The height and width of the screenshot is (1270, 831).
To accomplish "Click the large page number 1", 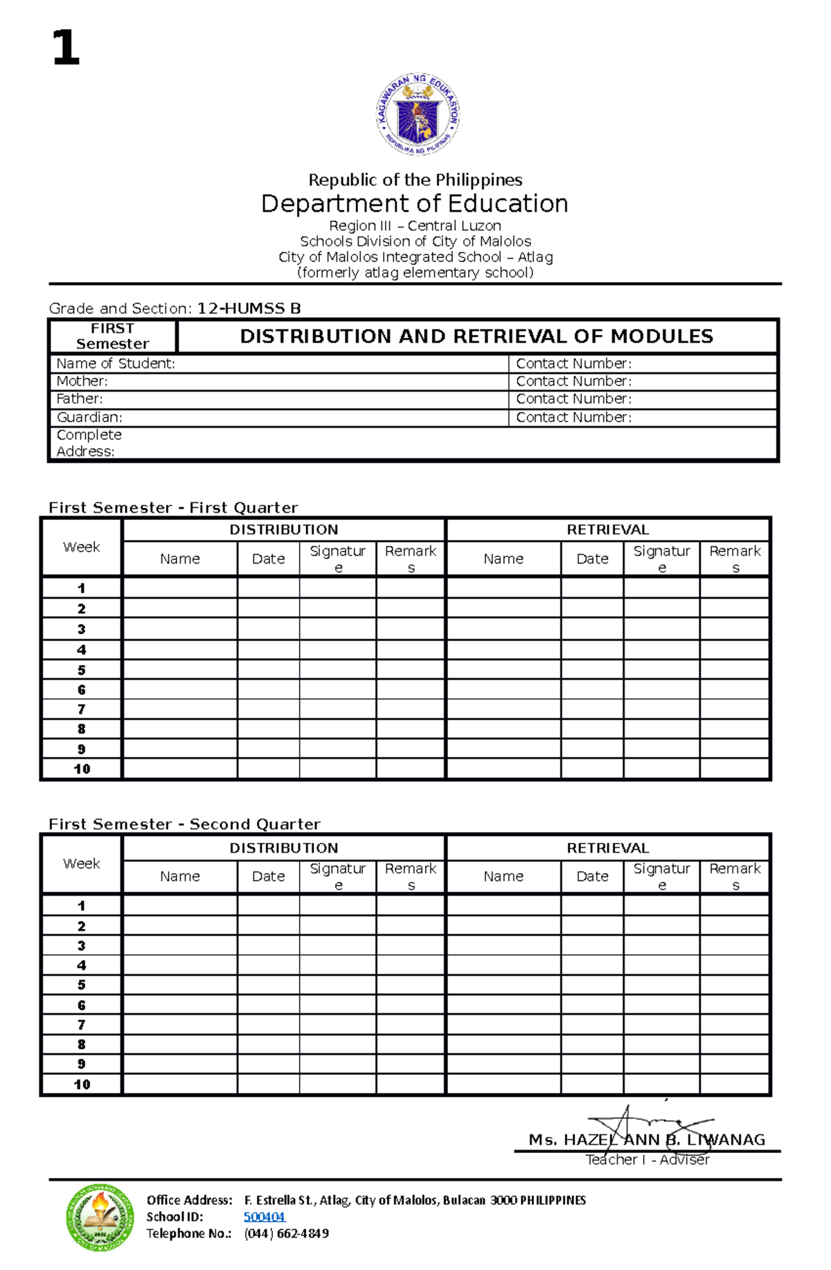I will pos(66,48).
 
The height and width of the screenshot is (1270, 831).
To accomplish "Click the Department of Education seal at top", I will pos(418,115).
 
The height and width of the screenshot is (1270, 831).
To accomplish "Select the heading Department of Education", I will pos(414,203).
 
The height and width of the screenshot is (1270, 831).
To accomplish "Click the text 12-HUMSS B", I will pos(249,309).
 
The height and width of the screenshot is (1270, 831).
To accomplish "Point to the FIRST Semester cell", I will pos(112,336).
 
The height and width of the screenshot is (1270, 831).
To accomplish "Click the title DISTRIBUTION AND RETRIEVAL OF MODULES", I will pos(476,336).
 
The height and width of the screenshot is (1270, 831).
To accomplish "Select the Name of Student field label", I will pos(116,363).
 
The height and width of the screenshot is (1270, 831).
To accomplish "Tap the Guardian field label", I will pos(89,417).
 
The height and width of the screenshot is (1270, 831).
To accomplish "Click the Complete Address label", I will pos(88,443).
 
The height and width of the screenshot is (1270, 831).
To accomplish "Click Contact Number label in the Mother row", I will pos(573,381).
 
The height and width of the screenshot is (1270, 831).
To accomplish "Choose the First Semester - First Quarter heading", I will pos(173,507).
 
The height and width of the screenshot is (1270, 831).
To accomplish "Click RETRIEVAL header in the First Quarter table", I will pos(607,529).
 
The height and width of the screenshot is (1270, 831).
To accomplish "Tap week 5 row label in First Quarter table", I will pos(82,670).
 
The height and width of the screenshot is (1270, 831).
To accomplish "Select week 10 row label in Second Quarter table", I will pos(82,1085).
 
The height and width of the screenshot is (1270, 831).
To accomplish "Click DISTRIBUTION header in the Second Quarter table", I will pos(284,848).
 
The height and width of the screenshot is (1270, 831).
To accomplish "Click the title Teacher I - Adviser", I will pos(647,1160).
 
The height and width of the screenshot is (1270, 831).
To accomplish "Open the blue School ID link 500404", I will pos(264,1217).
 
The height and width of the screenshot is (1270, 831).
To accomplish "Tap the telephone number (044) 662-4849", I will pos(286,1233).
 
